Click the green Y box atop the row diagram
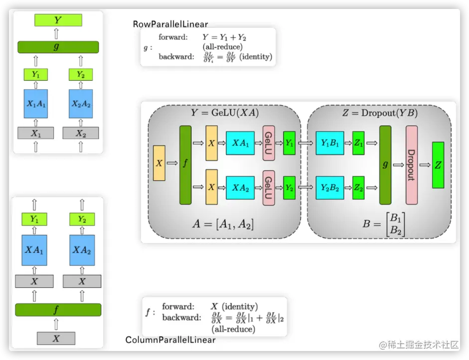[x=58, y=20]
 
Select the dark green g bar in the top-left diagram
[x=58, y=47]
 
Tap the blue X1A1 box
[x=35, y=104]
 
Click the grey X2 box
[x=81, y=133]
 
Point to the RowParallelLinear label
[x=170, y=24]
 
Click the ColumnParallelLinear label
[x=170, y=340]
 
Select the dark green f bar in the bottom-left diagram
[x=58, y=310]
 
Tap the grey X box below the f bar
[x=56, y=338]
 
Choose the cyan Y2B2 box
[x=329, y=188]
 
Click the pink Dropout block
[x=411, y=165]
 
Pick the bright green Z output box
[x=438, y=165]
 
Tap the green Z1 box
[x=358, y=143]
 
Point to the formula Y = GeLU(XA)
[x=225, y=113]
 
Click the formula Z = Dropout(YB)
[x=380, y=113]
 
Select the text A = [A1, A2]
[x=223, y=224]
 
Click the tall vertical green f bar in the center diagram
[x=185, y=165]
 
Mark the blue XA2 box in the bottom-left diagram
[x=82, y=250]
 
